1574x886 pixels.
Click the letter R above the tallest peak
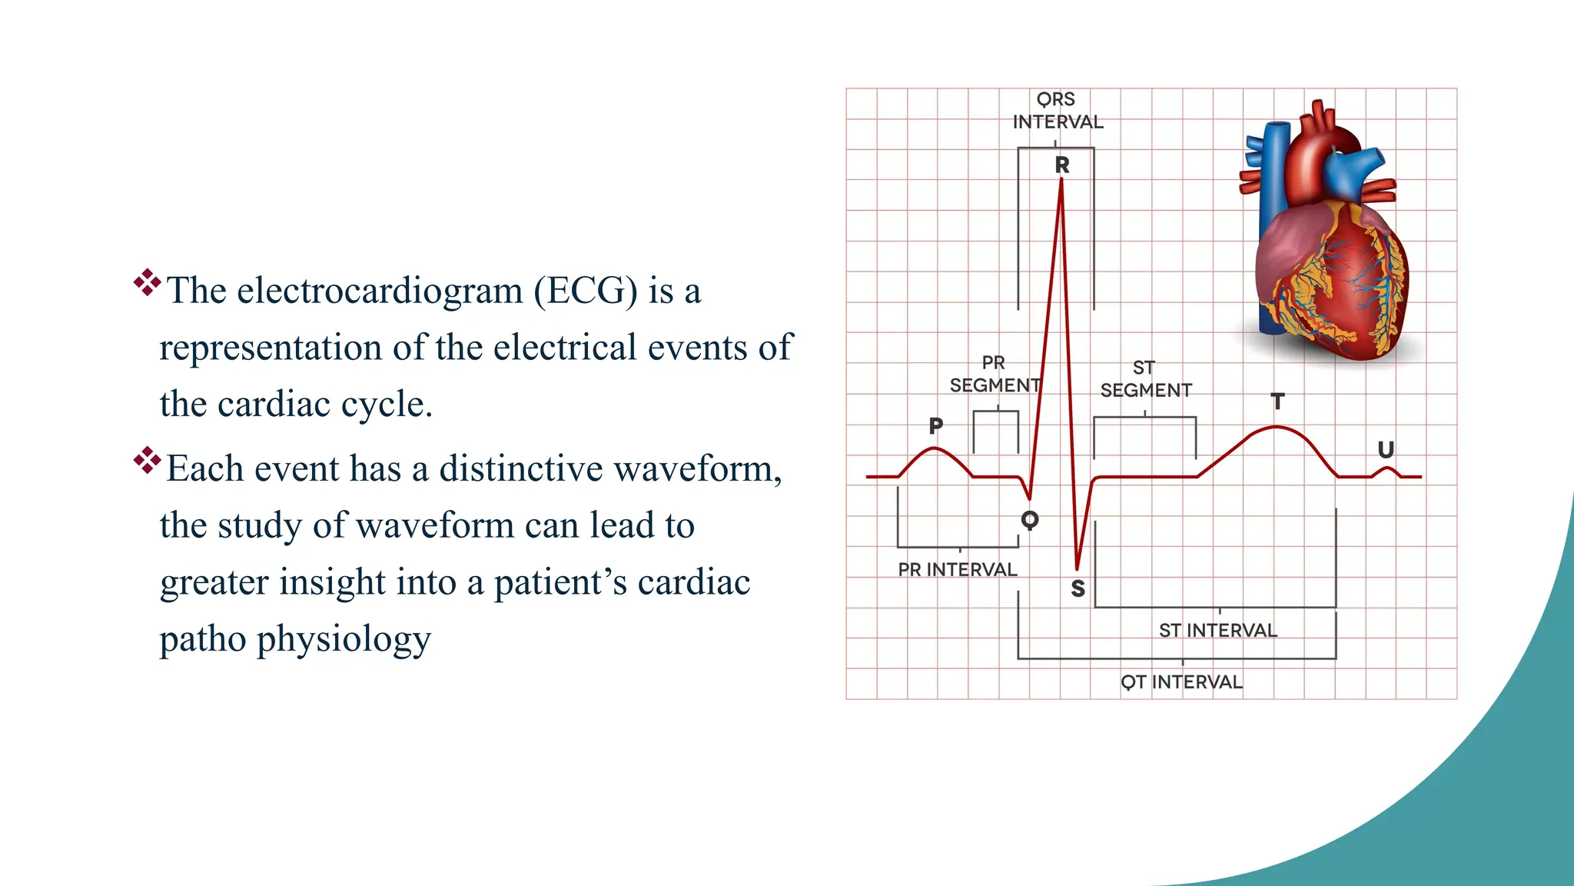1062,165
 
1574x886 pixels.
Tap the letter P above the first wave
935,425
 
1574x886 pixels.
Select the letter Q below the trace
1030,520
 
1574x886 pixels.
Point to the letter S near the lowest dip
1078,588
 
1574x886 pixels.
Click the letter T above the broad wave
1277,401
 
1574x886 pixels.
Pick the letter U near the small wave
1386,450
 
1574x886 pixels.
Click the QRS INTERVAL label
1058,111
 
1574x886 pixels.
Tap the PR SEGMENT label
995,374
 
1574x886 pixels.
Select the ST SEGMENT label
1146,379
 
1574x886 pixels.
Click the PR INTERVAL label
958,570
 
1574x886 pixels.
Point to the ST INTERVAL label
1218,631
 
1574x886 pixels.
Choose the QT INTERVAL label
1181,682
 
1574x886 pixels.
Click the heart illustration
1326,238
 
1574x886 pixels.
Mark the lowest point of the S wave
1078,568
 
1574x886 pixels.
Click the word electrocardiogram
380,291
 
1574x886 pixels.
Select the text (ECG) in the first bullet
586,291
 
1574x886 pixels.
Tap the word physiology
344,639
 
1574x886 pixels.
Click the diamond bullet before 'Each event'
146,461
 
